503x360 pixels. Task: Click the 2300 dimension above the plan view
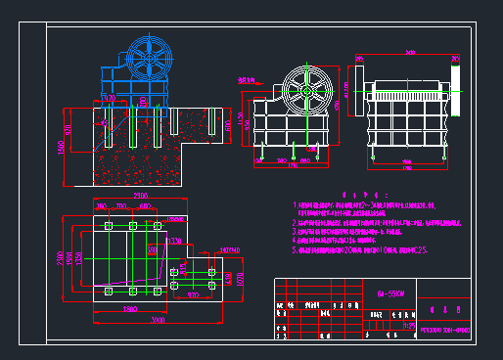tap(140, 196)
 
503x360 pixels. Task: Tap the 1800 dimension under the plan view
tap(130, 309)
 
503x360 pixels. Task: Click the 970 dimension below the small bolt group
tap(194, 294)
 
